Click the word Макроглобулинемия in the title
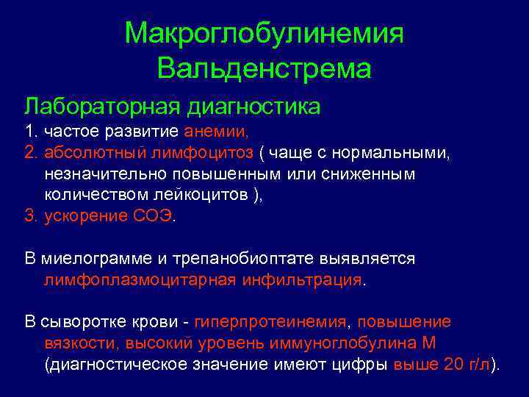click(x=264, y=33)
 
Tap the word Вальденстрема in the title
click(x=264, y=70)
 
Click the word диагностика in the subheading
click(x=254, y=107)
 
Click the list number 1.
click(x=29, y=133)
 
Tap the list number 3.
click(x=29, y=216)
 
